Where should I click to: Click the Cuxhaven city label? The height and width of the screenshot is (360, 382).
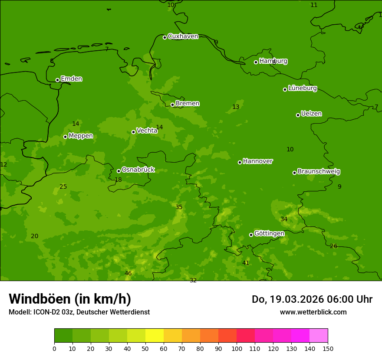tap(183, 36)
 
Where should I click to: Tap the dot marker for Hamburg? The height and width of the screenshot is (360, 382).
tap(256, 62)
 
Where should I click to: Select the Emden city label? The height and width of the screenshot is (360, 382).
tap(71, 79)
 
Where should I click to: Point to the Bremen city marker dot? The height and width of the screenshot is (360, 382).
tap(172, 105)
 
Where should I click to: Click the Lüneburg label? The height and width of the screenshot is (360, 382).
tap(302, 88)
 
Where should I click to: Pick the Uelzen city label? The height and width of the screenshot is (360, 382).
tap(311, 114)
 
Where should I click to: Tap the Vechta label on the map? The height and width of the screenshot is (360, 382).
tap(147, 131)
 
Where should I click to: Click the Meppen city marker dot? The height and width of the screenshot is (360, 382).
tap(65, 137)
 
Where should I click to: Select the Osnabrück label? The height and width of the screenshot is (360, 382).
tap(138, 170)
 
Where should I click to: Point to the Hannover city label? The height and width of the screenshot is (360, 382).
tap(257, 161)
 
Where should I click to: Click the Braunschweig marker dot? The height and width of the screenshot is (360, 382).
tap(294, 173)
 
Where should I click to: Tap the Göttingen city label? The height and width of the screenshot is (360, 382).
tap(269, 233)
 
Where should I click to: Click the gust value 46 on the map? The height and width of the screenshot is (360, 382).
tap(128, 273)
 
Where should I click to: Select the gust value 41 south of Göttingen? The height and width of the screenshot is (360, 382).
tap(246, 263)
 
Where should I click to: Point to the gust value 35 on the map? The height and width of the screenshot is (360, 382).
tap(179, 207)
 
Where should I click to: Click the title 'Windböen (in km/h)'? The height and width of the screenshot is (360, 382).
tap(70, 299)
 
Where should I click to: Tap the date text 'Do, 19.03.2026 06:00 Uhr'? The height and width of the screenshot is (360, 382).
tap(312, 299)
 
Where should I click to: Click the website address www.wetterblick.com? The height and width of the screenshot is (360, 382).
tap(313, 312)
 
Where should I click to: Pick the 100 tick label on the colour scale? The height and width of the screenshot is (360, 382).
tap(237, 348)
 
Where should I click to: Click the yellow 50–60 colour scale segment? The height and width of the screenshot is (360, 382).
tap(155, 336)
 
